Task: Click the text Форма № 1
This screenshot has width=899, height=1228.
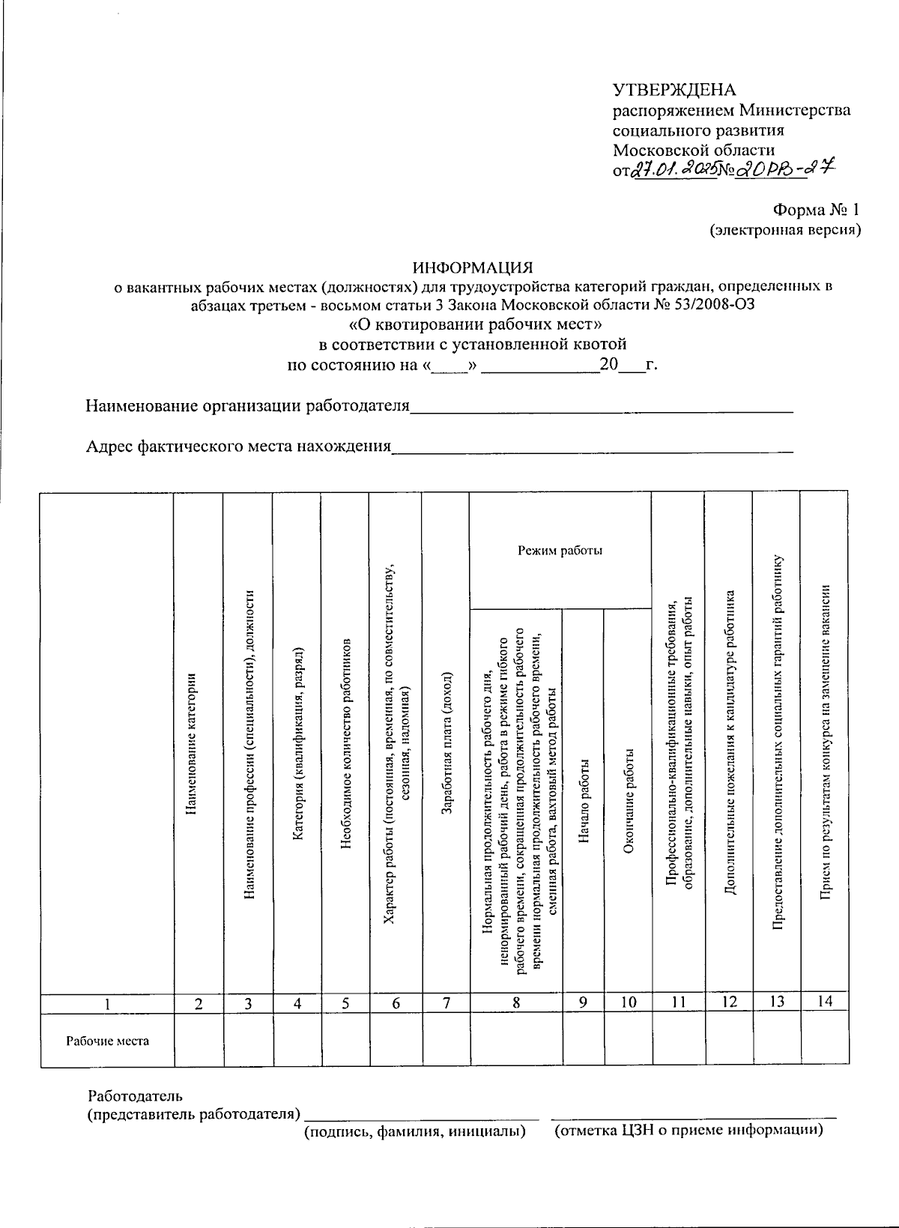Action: (x=817, y=212)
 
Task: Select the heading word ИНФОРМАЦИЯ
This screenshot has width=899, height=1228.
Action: (x=473, y=267)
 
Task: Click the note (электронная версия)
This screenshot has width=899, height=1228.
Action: (x=786, y=231)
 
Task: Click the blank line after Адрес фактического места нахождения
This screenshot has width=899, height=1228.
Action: (x=593, y=450)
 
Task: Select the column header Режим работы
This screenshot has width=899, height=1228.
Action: (x=560, y=551)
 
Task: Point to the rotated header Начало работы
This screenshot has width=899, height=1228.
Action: (x=584, y=802)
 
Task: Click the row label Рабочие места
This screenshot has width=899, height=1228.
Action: (x=107, y=1041)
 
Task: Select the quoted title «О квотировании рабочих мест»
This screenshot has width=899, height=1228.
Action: (x=476, y=325)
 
